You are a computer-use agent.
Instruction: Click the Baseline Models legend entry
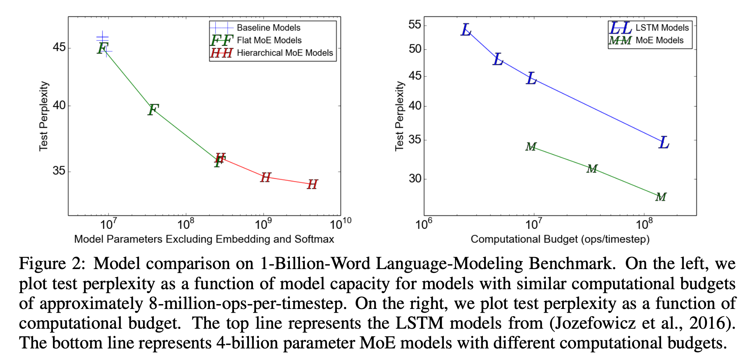268,28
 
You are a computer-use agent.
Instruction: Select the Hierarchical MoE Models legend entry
285,53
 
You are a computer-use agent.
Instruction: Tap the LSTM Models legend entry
662,28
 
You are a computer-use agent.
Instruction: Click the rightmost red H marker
312,184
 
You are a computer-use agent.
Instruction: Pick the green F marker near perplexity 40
153,110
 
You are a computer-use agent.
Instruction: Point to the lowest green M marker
661,197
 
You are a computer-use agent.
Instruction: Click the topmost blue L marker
466,30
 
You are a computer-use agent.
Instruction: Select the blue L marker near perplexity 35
664,142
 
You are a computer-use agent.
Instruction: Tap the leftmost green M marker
531,147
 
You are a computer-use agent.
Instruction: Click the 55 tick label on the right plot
415,25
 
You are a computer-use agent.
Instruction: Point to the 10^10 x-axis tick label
341,224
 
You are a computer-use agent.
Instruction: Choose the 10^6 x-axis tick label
424,224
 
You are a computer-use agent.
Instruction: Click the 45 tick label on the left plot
59,47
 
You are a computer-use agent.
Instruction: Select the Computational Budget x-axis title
560,239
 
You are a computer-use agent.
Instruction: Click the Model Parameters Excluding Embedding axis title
204,239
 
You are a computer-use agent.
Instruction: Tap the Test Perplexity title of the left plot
44,116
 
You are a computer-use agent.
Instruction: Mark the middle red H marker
266,177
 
